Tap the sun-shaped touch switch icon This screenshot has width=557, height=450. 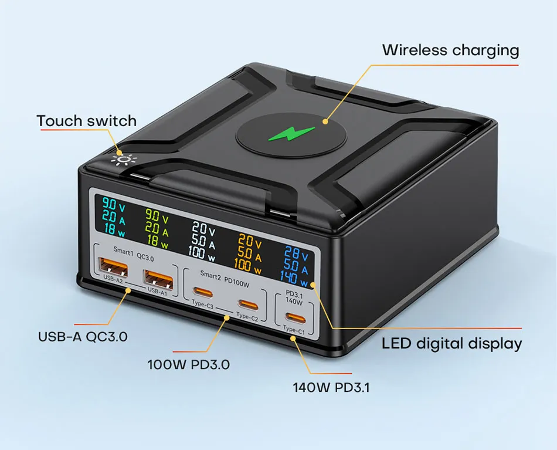pos(123,160)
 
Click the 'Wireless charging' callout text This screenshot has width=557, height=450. pos(450,50)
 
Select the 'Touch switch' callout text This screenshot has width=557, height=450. pos(87,121)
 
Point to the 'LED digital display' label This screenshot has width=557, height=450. pos(452,343)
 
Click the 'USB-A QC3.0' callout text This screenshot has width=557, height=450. pos(83,337)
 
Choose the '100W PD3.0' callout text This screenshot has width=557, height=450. pos(189,365)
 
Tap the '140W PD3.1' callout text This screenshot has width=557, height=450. pos(331,387)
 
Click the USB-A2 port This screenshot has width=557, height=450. pos(113,267)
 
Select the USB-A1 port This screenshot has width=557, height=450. pos(158,279)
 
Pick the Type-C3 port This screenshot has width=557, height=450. pos(203,293)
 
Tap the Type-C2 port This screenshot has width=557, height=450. pos(249,305)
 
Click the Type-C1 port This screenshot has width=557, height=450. pos(296,318)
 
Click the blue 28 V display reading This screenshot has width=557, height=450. pos(296,253)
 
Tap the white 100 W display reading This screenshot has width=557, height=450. pos(202,253)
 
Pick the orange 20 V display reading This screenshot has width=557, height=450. pos(250,242)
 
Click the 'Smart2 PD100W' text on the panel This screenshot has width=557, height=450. pos(225,279)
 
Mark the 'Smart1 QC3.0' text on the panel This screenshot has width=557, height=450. pos(134,254)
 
